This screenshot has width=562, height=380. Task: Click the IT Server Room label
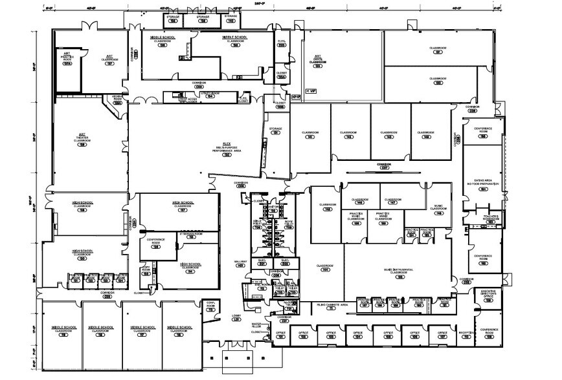pyautogui.click(x=190, y=235)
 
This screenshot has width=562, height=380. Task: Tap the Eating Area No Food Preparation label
pyautogui.click(x=482, y=184)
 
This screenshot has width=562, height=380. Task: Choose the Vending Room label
pyautogui.click(x=117, y=99)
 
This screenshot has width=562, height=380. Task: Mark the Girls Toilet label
pyautogui.click(x=256, y=223)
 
